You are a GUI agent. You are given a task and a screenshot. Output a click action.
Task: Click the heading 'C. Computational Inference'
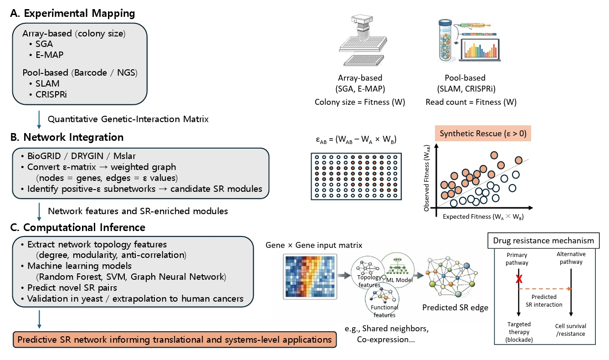(78, 227)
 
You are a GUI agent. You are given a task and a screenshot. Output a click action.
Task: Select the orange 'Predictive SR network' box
(174, 339)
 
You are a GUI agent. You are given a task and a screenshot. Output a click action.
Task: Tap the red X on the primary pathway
(518, 279)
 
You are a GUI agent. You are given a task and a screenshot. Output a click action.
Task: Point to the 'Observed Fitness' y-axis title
(427, 181)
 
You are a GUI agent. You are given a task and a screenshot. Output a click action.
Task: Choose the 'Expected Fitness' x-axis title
(483, 217)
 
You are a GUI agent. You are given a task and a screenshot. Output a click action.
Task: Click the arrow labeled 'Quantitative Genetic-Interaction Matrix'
(40, 119)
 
